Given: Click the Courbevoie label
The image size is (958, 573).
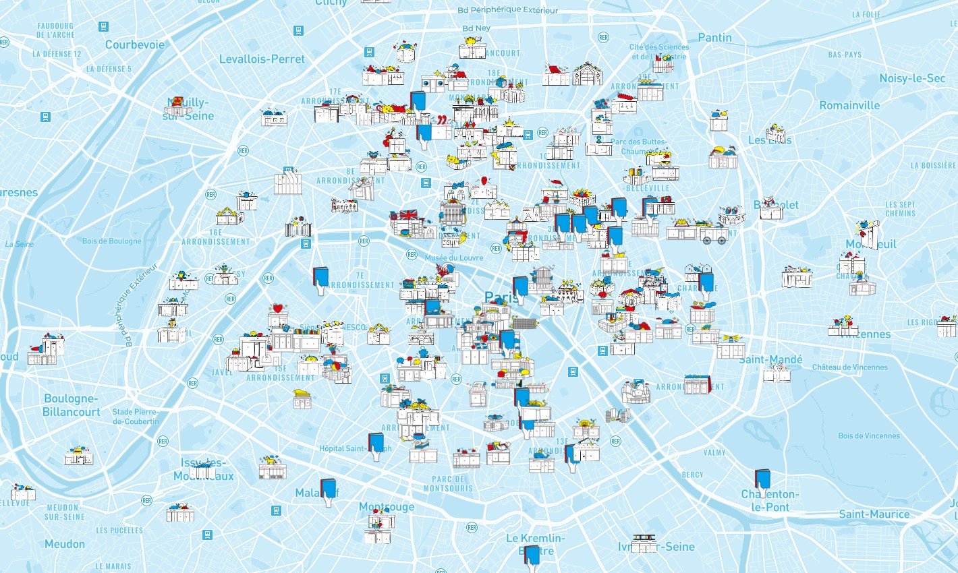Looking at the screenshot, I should pyautogui.click(x=135, y=44).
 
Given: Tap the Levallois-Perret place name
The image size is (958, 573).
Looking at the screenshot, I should pyautogui.click(x=262, y=59).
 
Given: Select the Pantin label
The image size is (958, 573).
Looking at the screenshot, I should pyautogui.click(x=714, y=38).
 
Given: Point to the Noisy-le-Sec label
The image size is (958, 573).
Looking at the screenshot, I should pyautogui.click(x=912, y=78).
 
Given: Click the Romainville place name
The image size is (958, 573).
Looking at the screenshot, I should pyautogui.click(x=849, y=105).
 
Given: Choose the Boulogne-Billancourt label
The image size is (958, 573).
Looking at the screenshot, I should pyautogui.click(x=71, y=405).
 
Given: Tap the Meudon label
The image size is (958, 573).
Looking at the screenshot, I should pyautogui.click(x=65, y=544).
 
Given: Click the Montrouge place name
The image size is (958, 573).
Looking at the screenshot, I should pyautogui.click(x=387, y=506).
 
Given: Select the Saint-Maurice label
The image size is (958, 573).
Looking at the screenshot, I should pyautogui.click(x=874, y=514).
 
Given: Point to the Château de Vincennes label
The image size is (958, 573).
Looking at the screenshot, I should pyautogui.click(x=849, y=367).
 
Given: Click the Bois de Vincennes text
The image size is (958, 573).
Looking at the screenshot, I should pyautogui.click(x=868, y=436).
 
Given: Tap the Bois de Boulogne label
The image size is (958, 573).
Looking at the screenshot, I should pyautogui.click(x=112, y=241).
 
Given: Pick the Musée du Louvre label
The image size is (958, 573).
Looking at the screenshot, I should pyautogui.click(x=453, y=258).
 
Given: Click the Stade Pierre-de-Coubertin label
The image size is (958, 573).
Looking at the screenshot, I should pyautogui.click(x=136, y=417).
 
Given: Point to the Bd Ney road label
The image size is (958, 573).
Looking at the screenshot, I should pyautogui.click(x=476, y=28).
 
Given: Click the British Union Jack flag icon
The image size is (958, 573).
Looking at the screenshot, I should pyautogui.click(x=409, y=215).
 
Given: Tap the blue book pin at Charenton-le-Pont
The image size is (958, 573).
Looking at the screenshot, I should pyautogui.click(x=763, y=479).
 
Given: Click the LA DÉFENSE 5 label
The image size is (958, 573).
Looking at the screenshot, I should pyautogui.click(x=109, y=69).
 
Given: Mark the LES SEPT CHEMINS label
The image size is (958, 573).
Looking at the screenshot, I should pyautogui.click(x=901, y=209).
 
